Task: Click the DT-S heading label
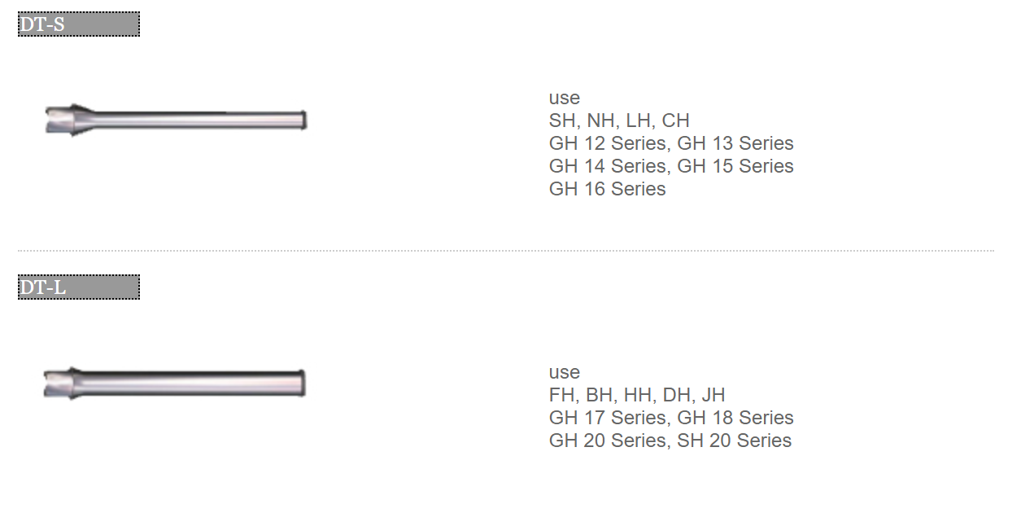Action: (79, 24)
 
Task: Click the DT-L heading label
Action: (79, 287)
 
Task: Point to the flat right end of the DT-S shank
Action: (305, 120)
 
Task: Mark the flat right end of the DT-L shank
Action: (303, 383)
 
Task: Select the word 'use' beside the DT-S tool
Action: (565, 99)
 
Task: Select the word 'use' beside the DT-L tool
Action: (565, 372)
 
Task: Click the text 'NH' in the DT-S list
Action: (600, 121)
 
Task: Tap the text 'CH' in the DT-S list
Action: (675, 121)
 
